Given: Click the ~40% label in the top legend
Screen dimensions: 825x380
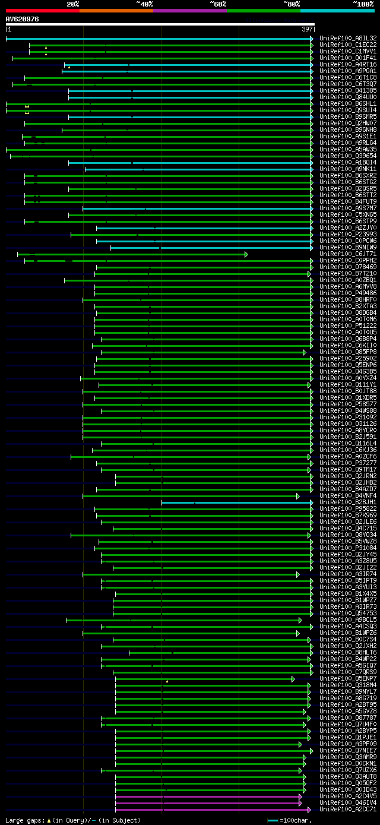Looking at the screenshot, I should coord(144,4).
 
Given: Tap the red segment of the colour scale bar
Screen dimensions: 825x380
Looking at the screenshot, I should coord(42,10).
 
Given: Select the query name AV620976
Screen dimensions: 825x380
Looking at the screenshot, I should coord(23,19).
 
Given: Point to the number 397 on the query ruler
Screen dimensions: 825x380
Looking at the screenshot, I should coord(307,29).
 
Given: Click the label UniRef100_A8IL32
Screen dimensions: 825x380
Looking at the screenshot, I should coord(348,38).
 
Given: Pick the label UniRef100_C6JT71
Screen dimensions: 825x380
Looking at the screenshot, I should coord(348,254).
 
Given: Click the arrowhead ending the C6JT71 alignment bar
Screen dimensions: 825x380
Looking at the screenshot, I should coord(246,254).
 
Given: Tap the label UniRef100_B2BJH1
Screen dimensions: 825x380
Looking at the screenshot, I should coord(348,502).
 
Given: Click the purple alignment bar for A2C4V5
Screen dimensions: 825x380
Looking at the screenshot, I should coord(208,796).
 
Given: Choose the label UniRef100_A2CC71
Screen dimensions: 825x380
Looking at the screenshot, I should coord(348,810).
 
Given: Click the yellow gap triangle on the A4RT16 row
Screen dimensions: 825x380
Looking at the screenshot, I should coord(69,67).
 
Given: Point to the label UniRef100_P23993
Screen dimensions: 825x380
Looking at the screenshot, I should coord(348,234).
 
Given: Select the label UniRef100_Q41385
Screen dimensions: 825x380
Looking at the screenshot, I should coord(348,90).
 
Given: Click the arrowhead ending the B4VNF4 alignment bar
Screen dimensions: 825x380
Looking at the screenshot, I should coord(298,496).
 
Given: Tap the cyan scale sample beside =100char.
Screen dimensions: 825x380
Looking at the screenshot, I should coord(273,820).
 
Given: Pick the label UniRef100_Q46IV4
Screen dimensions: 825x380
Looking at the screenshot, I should coord(348,803).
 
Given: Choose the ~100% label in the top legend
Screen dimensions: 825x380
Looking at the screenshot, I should coord(363,4).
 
